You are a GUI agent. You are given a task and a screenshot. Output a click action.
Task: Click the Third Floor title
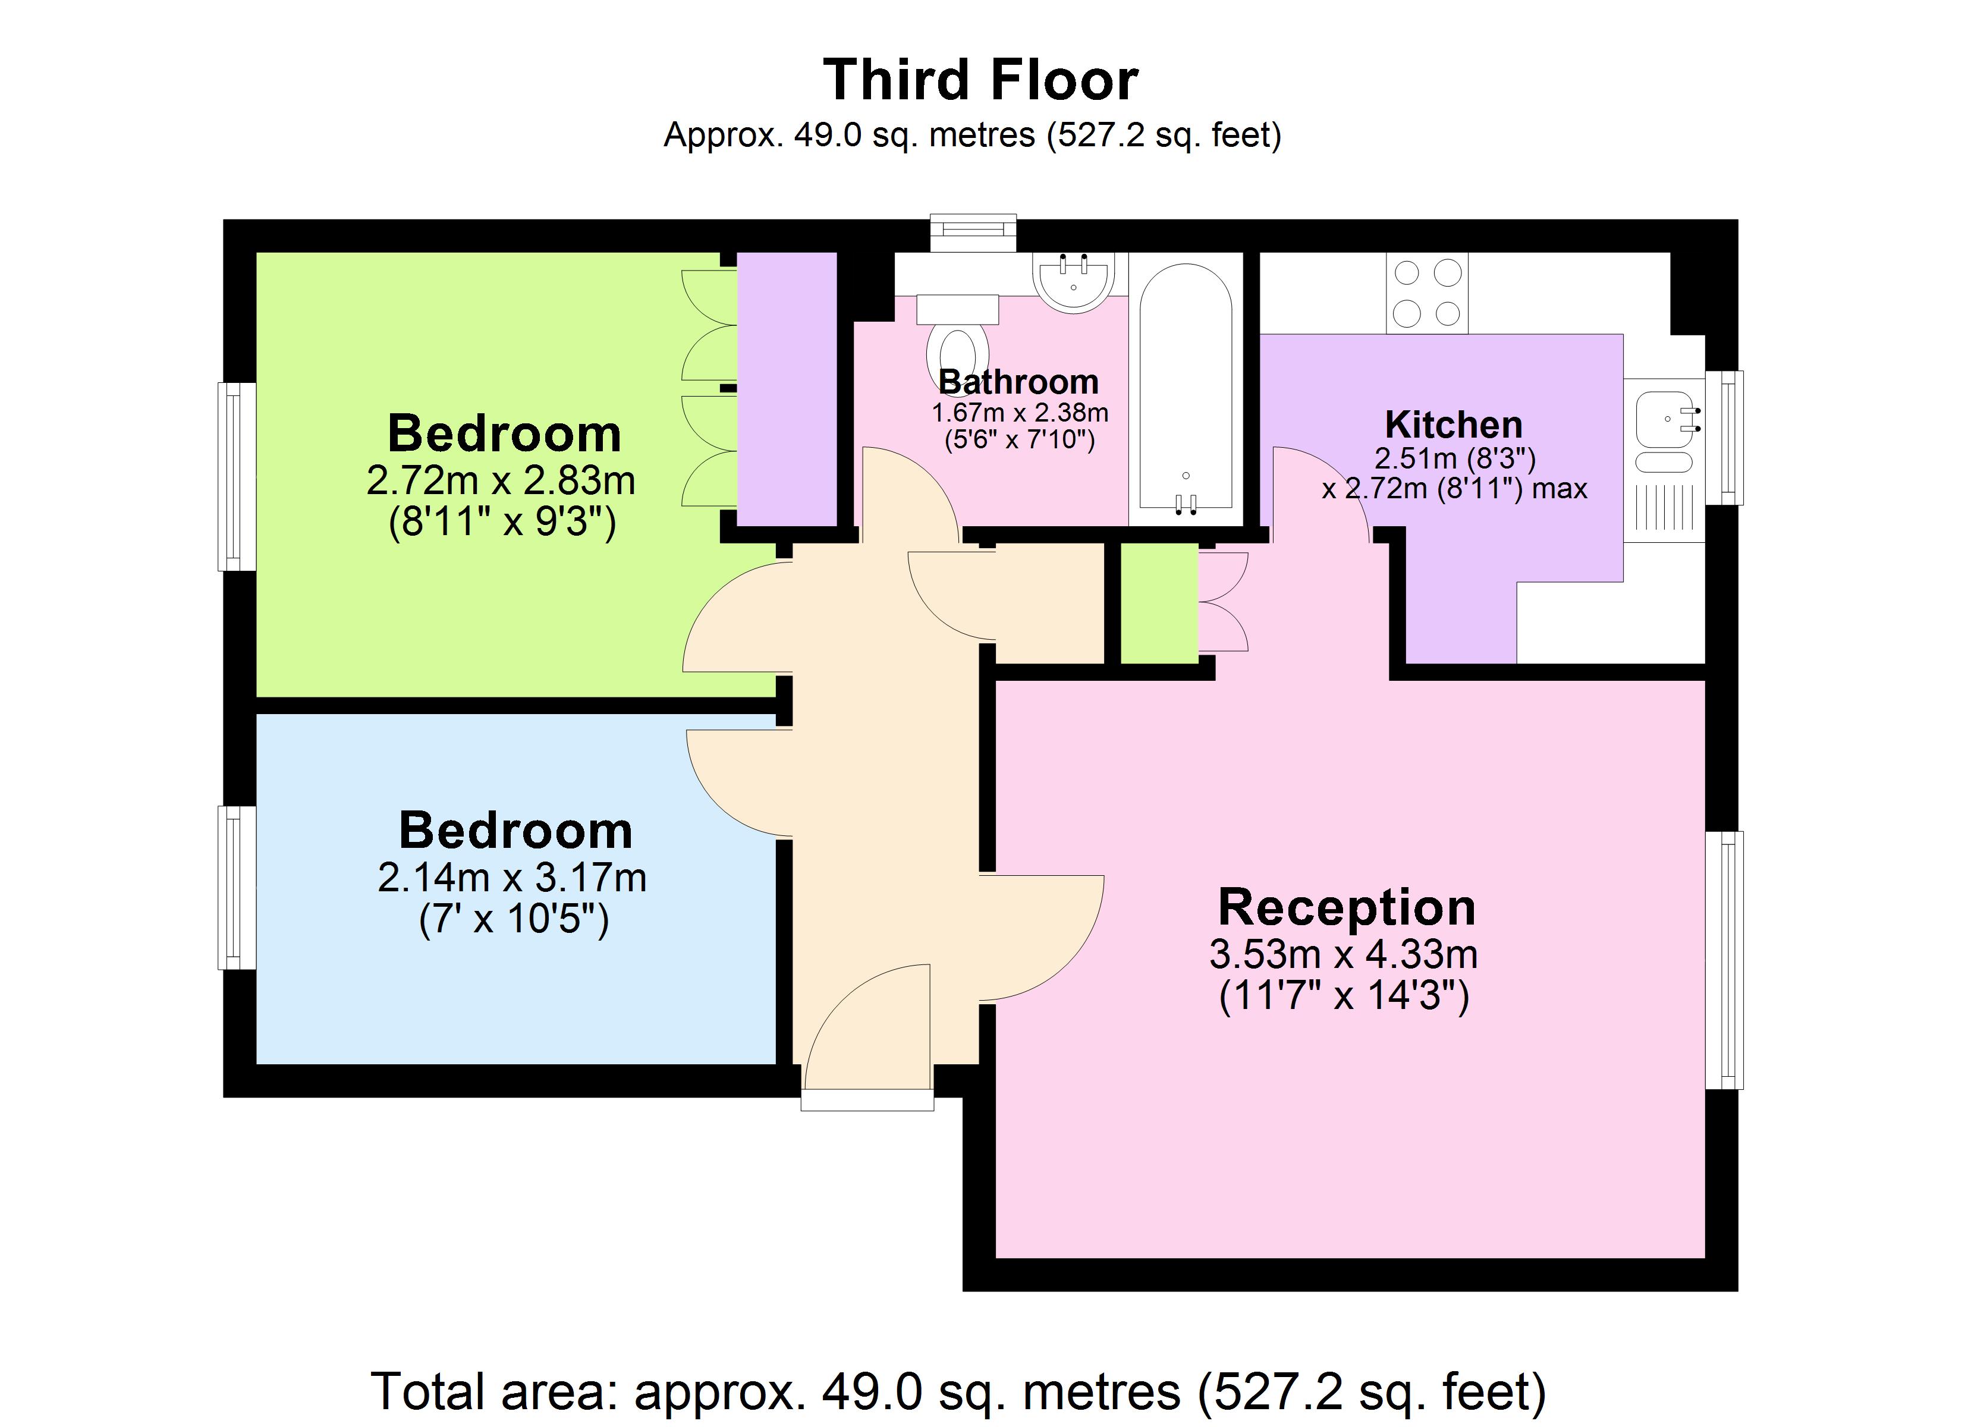tap(980, 80)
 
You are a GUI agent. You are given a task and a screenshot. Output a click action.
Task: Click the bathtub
tap(1185, 389)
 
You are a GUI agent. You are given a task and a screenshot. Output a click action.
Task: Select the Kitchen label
tap(1453, 425)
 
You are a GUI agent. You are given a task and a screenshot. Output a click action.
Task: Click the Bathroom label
tap(1018, 382)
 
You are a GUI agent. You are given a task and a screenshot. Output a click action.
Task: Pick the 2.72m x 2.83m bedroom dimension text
tap(501, 481)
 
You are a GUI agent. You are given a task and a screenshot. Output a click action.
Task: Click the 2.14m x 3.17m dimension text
tap(512, 878)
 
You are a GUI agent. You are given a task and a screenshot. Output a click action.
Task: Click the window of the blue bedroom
tap(235, 887)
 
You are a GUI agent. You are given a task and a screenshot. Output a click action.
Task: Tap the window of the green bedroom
tap(235, 477)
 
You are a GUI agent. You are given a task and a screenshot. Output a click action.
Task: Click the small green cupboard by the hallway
tap(1159, 603)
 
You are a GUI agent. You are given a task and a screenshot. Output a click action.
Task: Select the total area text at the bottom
tap(958, 1391)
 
